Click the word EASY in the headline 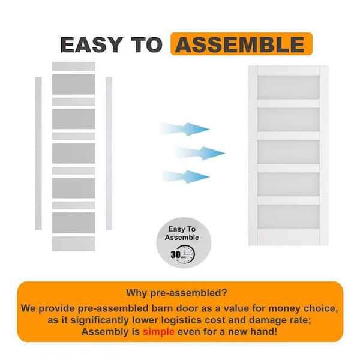point(91,44)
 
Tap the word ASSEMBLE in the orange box point(240,44)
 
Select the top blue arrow point(185,129)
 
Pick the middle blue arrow point(200,153)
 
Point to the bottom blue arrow point(186,177)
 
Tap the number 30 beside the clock point(176,254)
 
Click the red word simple point(158,332)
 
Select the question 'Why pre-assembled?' point(176,293)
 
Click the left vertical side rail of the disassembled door point(38,154)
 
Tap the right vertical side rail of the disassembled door point(109,154)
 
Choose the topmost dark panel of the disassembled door point(73,84)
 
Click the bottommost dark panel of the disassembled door point(73,223)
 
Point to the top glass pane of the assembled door point(289,87)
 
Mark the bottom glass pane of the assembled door point(289,217)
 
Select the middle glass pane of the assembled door point(289,152)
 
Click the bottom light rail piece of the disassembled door point(73,244)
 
